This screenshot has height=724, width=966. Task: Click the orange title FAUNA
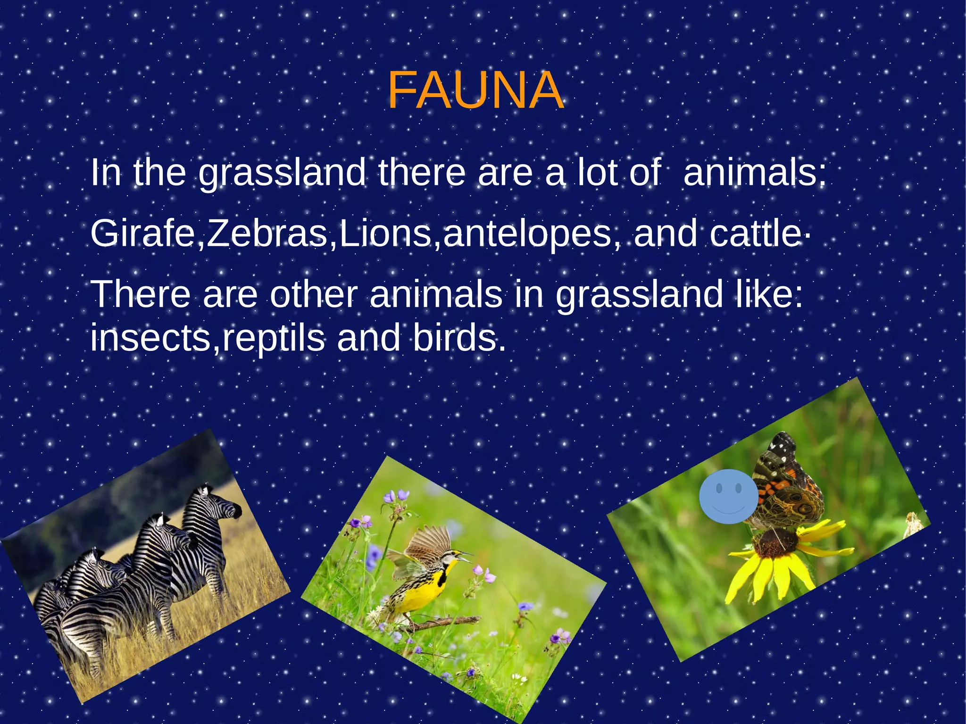point(475,91)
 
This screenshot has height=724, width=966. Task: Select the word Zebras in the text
point(267,234)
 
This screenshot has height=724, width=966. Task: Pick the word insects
point(150,339)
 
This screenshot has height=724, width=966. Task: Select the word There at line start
point(141,294)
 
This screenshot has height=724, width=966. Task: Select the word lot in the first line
point(598,173)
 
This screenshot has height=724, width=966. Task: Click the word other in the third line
point(313,294)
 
